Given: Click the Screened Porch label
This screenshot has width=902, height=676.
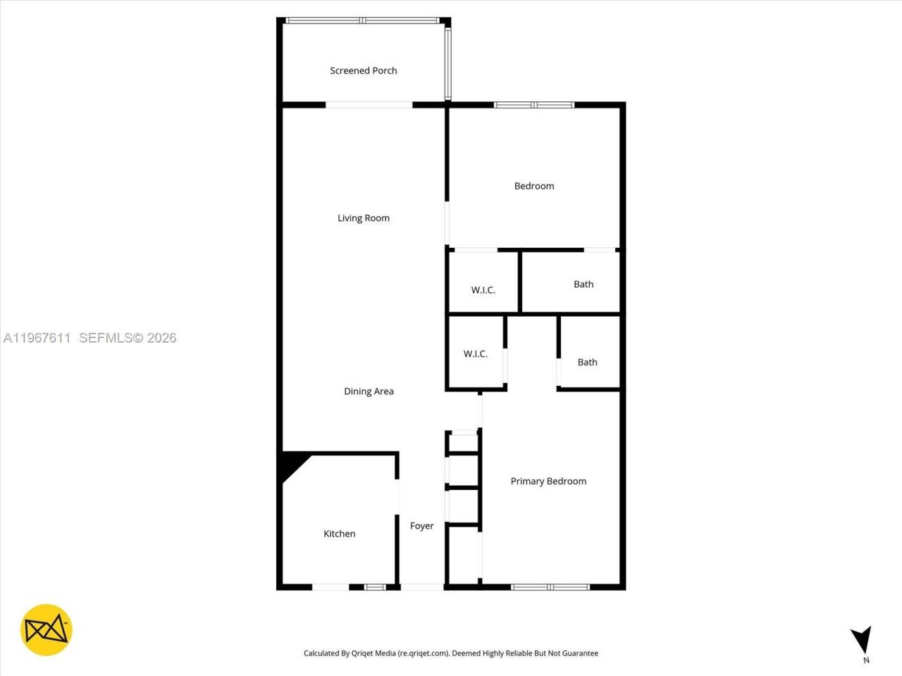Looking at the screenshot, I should click(x=364, y=70).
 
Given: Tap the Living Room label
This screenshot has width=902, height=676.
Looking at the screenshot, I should click(x=364, y=218).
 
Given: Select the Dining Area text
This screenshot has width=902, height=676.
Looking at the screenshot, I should click(x=369, y=392).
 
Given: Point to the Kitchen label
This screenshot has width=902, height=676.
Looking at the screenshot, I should click(x=339, y=534).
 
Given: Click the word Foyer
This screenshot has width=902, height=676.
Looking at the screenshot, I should click(x=422, y=526).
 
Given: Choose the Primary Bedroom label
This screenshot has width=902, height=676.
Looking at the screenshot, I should click(x=548, y=482).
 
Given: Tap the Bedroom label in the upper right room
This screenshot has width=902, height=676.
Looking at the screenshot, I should click(x=534, y=186).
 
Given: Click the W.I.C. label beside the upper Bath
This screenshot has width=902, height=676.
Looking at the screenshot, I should click(x=483, y=290).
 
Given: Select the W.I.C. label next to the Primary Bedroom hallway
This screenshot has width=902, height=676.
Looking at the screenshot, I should click(x=476, y=353).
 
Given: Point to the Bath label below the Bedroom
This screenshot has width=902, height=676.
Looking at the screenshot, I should click(x=583, y=284).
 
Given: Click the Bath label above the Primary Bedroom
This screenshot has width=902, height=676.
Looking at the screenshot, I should click(x=587, y=363).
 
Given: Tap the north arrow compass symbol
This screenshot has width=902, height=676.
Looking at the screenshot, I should click(x=862, y=640).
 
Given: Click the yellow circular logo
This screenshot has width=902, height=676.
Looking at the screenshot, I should click(x=46, y=630).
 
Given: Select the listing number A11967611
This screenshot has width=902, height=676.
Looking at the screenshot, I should click(x=37, y=338).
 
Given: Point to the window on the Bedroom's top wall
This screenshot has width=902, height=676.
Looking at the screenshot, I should click(x=534, y=105).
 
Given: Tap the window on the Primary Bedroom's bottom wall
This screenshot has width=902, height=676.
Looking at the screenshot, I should click(x=550, y=587).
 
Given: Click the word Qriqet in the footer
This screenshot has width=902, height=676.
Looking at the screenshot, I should click(x=362, y=653).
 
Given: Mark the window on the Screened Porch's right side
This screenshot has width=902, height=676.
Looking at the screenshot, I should click(x=447, y=63).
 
